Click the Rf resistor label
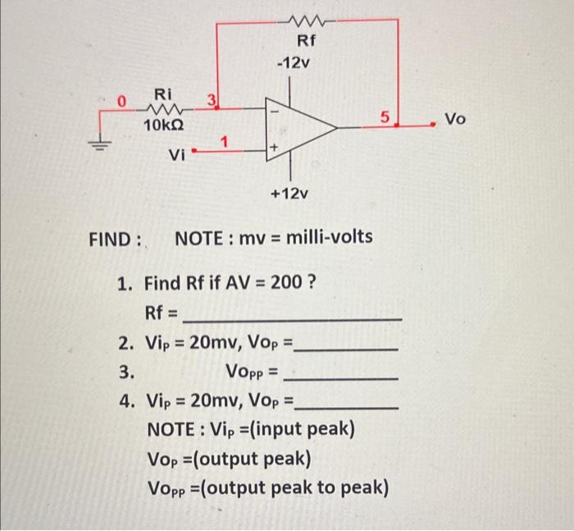(x=304, y=42)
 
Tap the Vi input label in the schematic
(x=176, y=154)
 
